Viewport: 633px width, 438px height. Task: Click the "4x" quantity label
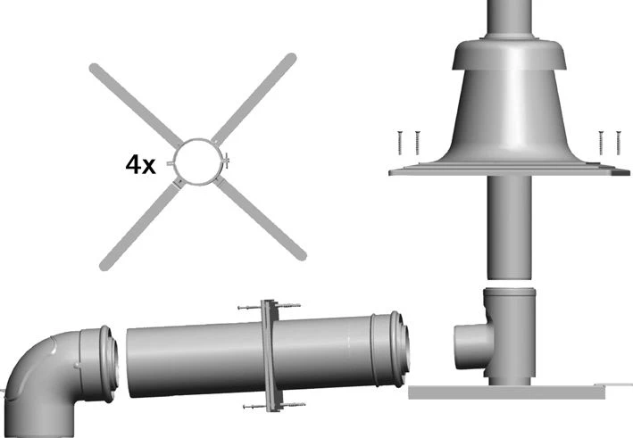point(142,165)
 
